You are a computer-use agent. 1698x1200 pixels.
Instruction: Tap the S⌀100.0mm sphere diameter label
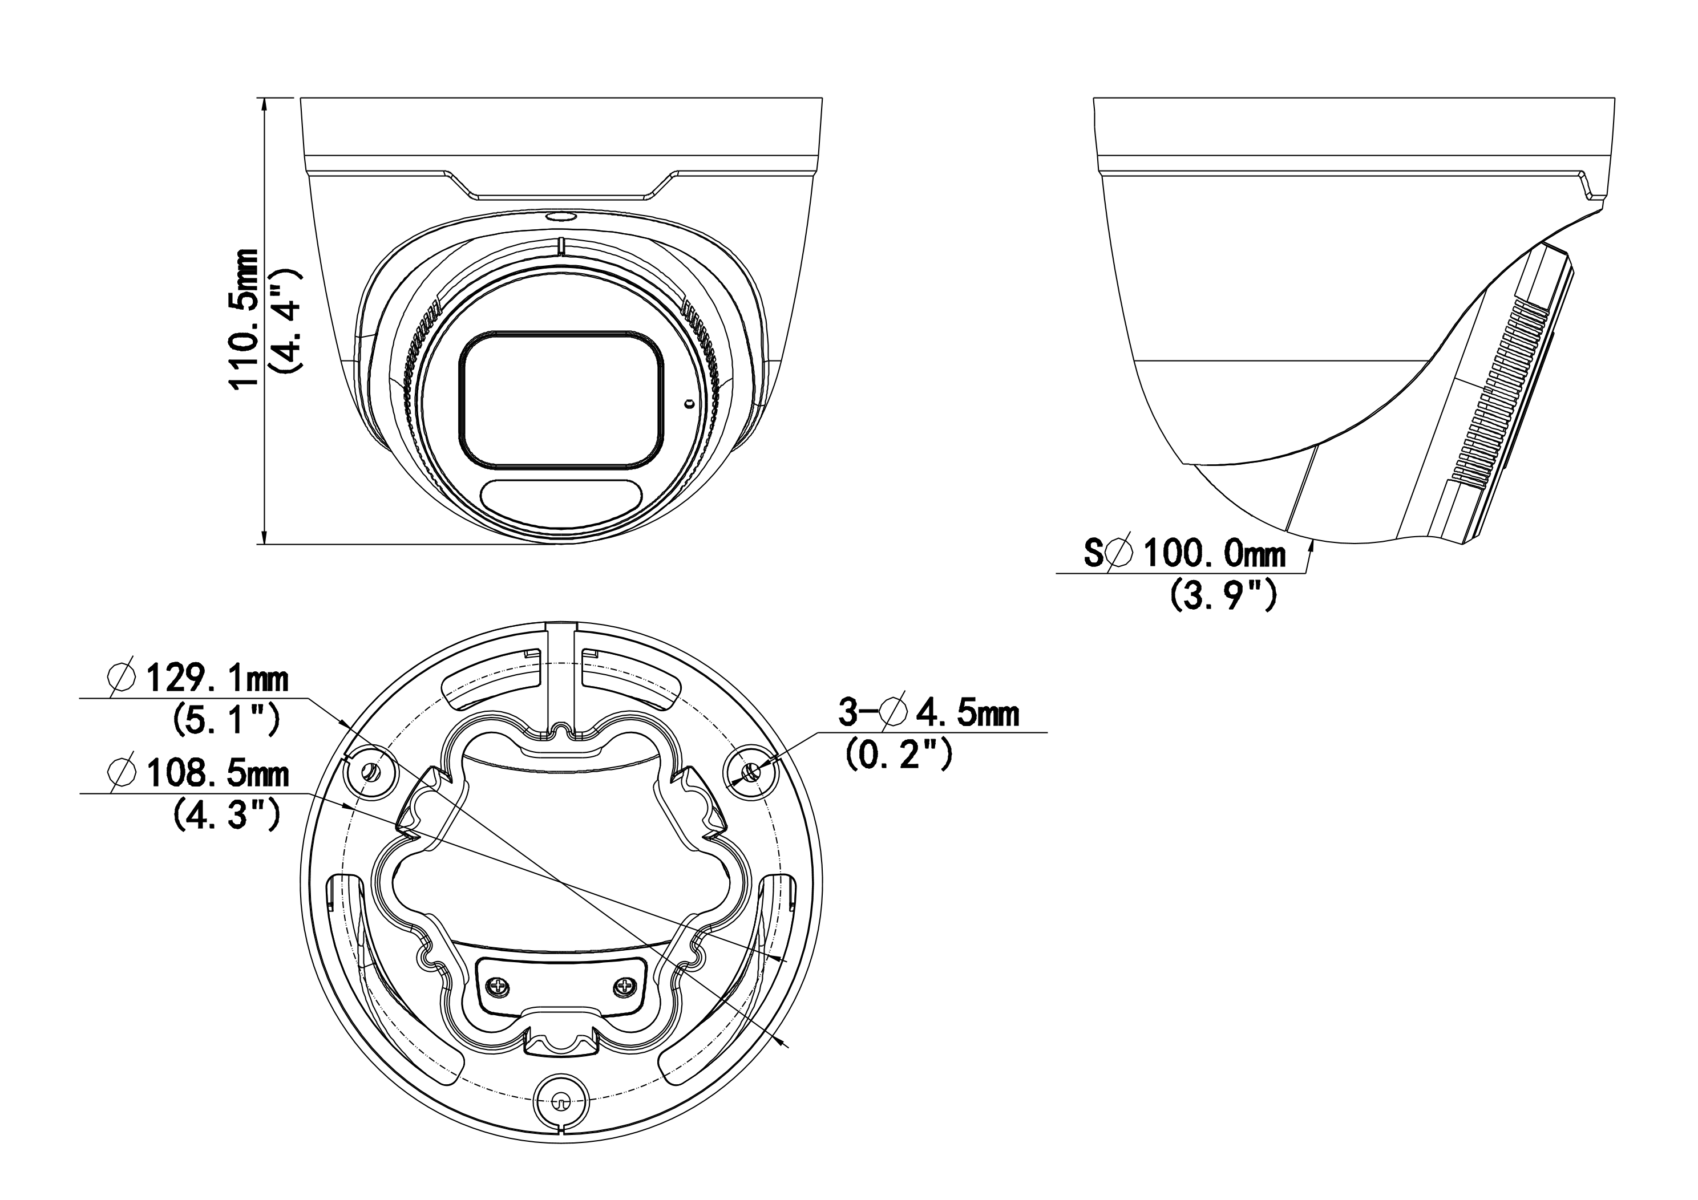tap(1184, 554)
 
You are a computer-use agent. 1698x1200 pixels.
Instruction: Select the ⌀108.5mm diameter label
tap(198, 773)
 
